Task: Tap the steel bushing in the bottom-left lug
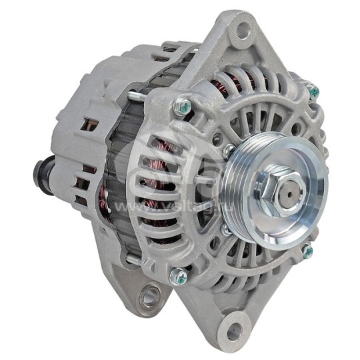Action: pyautogui.click(x=151, y=294)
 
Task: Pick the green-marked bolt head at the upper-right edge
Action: pyautogui.click(x=312, y=89)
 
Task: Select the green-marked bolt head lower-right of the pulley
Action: pyautogui.click(x=307, y=252)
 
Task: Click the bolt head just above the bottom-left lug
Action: pyautogui.click(x=178, y=273)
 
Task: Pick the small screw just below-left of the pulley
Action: pyautogui.click(x=226, y=230)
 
